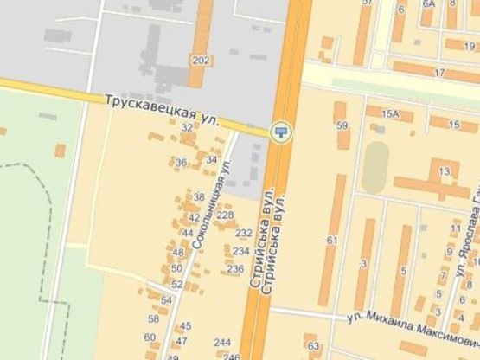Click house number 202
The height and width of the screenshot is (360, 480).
click(x=200, y=60)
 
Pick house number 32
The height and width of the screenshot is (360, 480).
click(x=187, y=127)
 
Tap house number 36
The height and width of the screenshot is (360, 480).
click(x=181, y=163)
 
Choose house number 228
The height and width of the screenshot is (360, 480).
click(x=225, y=215)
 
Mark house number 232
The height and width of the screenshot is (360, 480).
click(x=243, y=233)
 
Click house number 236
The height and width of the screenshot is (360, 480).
click(x=235, y=269)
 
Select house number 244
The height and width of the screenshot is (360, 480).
click(x=223, y=341)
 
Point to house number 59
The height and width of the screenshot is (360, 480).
click(x=342, y=126)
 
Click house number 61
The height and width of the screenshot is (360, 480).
click(x=332, y=240)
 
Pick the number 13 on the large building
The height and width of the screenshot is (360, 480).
click(x=444, y=171)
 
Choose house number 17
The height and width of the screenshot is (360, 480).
click(x=439, y=72)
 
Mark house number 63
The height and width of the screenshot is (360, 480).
click(x=313, y=346)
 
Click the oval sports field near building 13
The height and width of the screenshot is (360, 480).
click(x=374, y=167)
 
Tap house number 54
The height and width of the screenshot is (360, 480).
click(x=166, y=299)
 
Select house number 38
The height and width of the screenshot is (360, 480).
click(x=199, y=197)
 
